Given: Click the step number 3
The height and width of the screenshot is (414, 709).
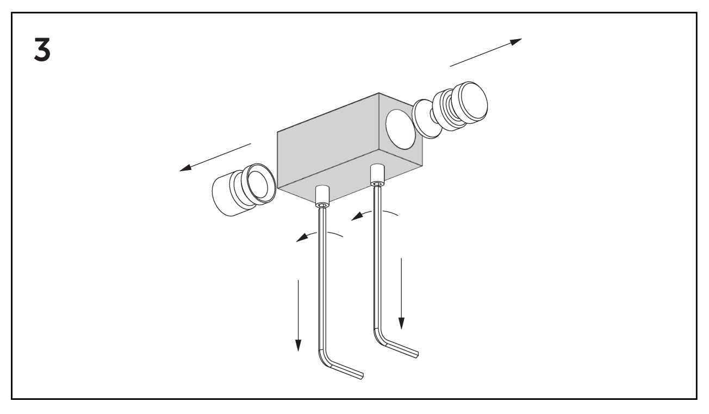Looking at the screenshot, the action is pos(42,49).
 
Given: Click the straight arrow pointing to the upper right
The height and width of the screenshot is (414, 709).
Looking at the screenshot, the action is pos(486,53).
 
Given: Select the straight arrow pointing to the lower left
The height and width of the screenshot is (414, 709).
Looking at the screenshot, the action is pos(215,158).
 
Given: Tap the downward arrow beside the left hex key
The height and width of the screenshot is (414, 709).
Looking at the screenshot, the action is pos(298,316).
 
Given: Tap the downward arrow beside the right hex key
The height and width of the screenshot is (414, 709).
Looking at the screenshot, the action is pos(401,294).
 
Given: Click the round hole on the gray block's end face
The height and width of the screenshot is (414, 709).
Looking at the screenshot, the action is pos(400,129).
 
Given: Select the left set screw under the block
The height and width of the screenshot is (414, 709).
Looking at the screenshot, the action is pos(322,197).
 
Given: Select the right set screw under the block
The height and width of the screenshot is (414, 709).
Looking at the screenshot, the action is pos(377,175).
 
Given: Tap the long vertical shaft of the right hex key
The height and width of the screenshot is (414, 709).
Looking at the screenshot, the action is pos(377,257).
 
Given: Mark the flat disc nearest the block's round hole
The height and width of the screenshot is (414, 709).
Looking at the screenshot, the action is pos(427,119).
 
